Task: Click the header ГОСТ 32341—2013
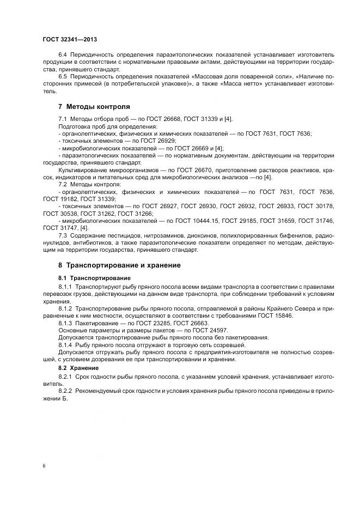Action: point(70,40)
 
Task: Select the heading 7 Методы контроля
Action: point(94,107)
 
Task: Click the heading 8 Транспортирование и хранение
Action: point(119,265)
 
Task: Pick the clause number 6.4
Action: point(63,55)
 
